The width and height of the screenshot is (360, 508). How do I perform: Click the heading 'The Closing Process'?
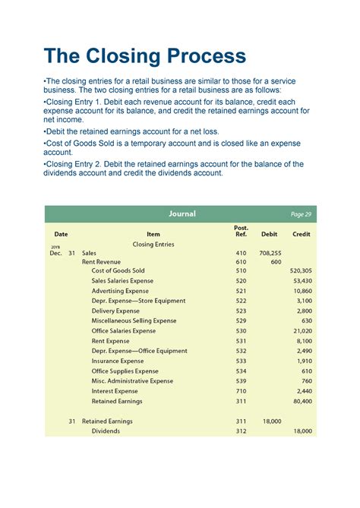coord(145,55)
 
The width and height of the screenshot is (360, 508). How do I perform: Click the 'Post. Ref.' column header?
coord(241,231)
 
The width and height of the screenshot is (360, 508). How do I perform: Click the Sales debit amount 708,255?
coord(270,254)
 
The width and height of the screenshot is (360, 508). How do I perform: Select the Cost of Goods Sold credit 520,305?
coord(301,271)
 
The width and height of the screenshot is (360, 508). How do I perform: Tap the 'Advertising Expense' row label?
coord(120,291)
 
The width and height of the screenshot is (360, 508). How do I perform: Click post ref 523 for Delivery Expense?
coord(241,311)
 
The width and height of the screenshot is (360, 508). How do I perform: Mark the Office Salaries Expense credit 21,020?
coord(302,331)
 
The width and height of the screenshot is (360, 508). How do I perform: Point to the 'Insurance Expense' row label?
coord(118,361)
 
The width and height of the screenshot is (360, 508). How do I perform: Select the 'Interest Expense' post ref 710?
coord(241,391)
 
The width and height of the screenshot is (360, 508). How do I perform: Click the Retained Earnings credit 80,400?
coord(302,401)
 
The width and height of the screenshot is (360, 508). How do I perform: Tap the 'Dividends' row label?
coord(106,431)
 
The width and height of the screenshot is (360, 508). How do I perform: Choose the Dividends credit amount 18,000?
coord(302,431)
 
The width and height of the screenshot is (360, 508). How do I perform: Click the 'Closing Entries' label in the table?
coord(153,245)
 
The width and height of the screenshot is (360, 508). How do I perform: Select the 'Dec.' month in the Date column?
coord(56,254)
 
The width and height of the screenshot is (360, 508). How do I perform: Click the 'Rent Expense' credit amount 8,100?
coord(305,341)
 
